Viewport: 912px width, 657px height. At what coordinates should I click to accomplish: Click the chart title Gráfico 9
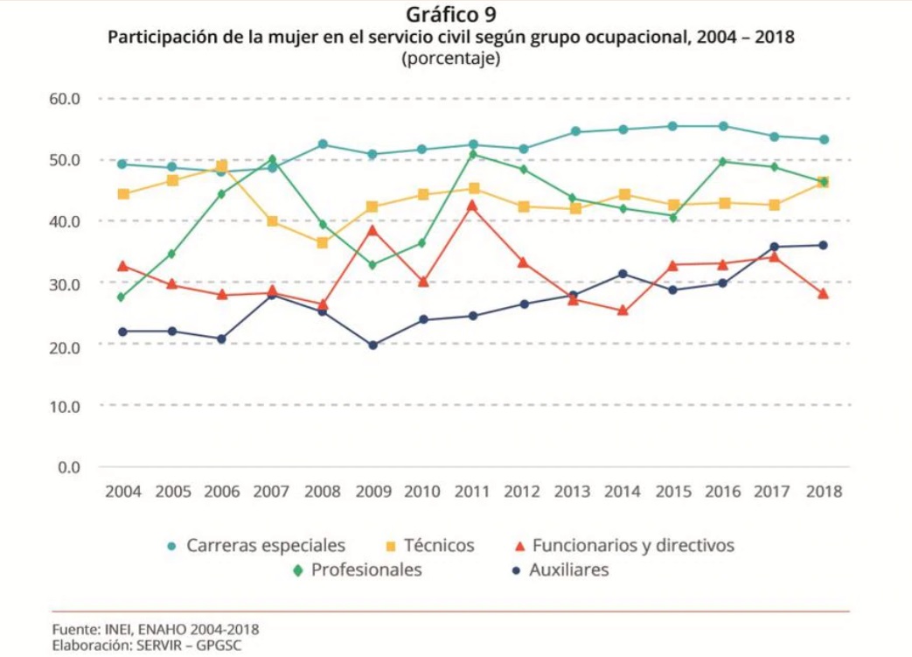point(450,15)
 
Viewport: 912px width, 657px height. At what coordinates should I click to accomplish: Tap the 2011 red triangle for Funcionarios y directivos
point(473,206)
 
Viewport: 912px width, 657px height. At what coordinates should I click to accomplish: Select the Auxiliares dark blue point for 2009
point(372,345)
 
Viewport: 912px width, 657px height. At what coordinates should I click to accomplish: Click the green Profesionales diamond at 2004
point(122,297)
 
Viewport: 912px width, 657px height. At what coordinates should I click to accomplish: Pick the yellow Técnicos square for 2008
point(323,242)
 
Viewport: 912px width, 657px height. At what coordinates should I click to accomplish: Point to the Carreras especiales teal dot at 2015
point(673,126)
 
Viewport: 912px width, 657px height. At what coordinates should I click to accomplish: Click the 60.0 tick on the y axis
point(65,98)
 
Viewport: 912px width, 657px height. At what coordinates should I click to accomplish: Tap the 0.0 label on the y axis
point(69,467)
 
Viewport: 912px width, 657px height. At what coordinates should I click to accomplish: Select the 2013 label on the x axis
point(574,492)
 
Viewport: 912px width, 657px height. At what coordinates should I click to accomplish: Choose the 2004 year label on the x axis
point(122,492)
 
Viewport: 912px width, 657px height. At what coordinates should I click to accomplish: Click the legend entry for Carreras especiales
point(266,546)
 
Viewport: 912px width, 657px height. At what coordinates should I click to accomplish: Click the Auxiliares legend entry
point(568,570)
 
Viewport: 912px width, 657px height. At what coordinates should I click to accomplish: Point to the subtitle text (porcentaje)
point(450,59)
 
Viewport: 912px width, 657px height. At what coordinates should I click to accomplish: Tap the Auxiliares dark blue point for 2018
point(823,245)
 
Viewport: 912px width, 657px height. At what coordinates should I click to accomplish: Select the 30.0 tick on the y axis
point(65,283)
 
